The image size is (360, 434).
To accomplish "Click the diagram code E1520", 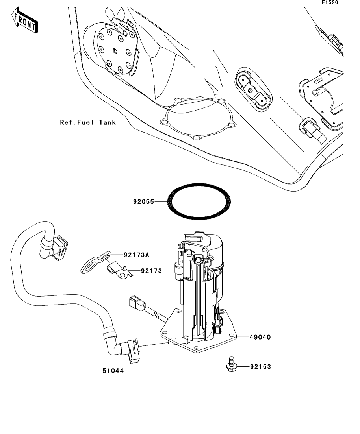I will [x=330, y=3].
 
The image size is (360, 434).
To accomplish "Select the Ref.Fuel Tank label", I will [x=87, y=122].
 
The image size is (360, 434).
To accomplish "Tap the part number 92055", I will [x=143, y=202].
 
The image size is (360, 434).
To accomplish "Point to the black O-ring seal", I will [x=199, y=200].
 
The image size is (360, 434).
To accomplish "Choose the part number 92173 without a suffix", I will [x=151, y=271].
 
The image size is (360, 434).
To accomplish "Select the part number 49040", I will [x=260, y=337].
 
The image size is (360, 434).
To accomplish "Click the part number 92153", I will [x=260, y=367].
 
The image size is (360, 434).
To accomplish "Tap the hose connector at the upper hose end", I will [x=59, y=248].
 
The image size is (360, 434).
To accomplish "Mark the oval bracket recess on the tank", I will [x=258, y=89].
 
